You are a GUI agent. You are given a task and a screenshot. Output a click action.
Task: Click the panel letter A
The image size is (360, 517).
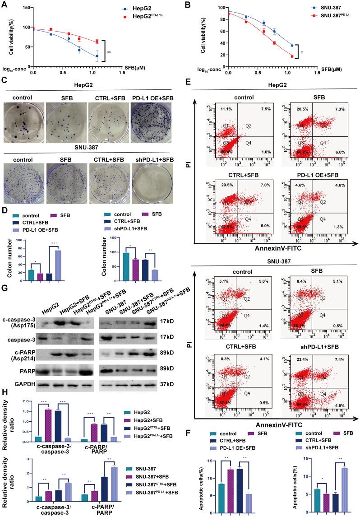pyautogui.click(x=5, y=6)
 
